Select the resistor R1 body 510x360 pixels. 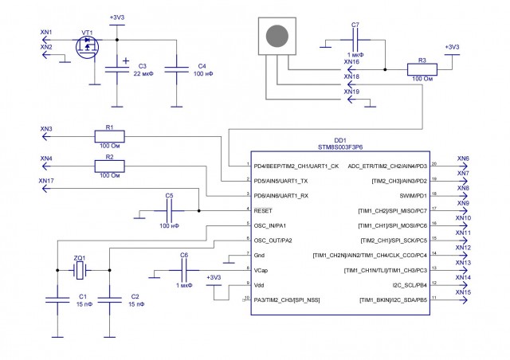(110, 136)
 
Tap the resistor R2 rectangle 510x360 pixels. (110, 166)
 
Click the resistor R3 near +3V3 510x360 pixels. (422, 69)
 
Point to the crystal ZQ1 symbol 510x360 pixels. (80, 271)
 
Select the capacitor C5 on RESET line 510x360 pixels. (168, 209)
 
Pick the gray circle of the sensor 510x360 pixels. (277, 37)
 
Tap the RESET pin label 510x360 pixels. (265, 210)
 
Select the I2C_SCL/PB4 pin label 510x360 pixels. (407, 284)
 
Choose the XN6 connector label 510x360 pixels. (463, 158)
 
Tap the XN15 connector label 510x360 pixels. (463, 292)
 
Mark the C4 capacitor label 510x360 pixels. (202, 65)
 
